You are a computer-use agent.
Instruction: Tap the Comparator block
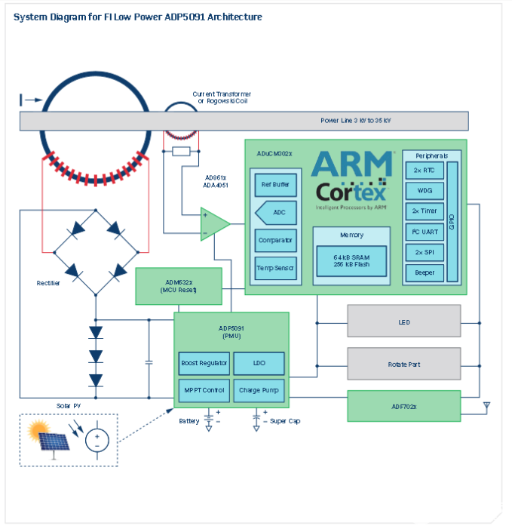[275, 241]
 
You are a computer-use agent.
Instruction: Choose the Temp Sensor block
[275, 268]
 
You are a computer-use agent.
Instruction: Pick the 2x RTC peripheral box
[425, 171]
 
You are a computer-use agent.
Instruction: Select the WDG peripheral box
[425, 191]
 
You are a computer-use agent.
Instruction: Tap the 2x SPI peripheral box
[425, 252]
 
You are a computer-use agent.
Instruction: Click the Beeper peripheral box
[425, 272]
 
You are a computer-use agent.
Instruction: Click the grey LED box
[403, 321]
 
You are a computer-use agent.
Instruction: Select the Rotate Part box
[403, 364]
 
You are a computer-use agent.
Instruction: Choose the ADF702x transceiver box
[403, 406]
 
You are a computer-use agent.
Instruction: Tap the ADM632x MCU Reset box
[178, 287]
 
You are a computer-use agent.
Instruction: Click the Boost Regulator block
[204, 364]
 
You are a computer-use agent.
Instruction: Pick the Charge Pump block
[259, 390]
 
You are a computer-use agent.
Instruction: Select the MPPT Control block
[204, 390]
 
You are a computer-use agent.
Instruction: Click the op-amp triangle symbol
[214, 223]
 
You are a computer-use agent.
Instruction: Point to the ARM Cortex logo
[351, 178]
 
